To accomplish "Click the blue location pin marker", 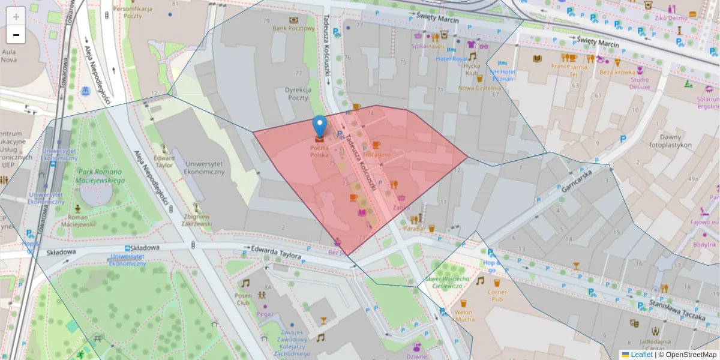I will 320,126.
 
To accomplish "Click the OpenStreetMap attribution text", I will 688,355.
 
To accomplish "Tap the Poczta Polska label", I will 319,151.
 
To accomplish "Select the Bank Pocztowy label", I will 293,28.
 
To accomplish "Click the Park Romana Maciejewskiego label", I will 100,176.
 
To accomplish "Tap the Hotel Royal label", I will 451,59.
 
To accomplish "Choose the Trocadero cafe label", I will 377,155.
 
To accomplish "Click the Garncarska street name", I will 577,179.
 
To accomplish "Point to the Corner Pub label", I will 497,295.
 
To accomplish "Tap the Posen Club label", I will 243,299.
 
